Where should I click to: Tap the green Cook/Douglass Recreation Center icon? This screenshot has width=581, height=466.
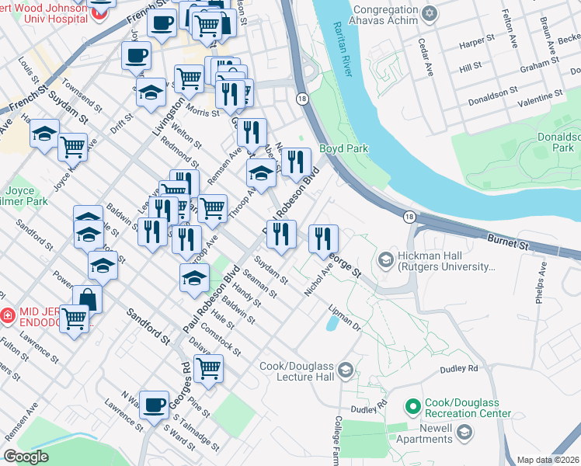tap(412, 406)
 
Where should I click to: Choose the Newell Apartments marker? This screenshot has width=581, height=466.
tap(465, 433)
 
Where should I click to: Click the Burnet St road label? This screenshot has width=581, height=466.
tap(508, 242)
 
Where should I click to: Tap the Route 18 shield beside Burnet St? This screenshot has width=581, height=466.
tap(409, 217)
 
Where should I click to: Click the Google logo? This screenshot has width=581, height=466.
tap(26, 457)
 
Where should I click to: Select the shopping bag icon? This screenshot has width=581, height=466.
tap(88, 298)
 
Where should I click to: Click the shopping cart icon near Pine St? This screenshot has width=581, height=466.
tap(208, 369)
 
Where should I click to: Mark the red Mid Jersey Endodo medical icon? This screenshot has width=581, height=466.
tap(7, 316)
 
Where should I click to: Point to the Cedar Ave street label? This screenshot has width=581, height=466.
tap(426, 58)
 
